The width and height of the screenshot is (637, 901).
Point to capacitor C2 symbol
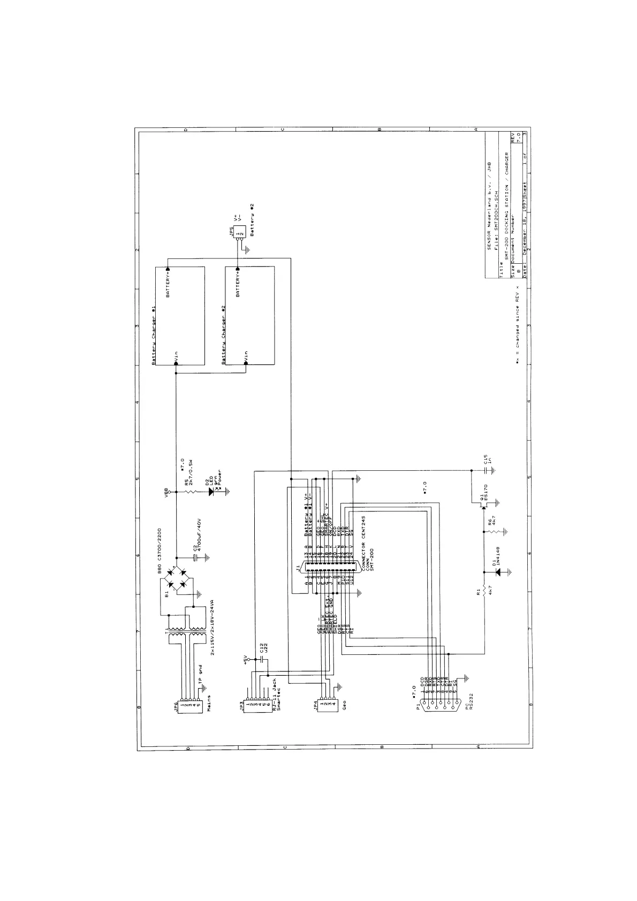[x=195, y=557]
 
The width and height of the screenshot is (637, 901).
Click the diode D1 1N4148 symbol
[x=500, y=572]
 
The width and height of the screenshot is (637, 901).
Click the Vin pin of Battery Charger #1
[x=176, y=364]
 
